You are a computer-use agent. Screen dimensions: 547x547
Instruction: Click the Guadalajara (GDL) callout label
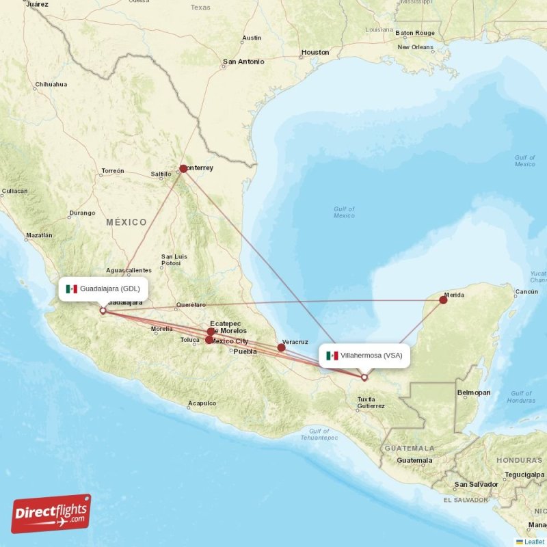[103, 289]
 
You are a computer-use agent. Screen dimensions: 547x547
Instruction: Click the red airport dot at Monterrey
[183, 168]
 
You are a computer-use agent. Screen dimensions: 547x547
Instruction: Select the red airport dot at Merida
[443, 300]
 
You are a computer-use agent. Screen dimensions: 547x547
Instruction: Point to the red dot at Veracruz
[281, 347]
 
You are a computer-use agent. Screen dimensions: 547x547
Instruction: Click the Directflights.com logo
[51, 513]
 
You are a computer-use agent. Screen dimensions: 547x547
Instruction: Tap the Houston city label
[315, 52]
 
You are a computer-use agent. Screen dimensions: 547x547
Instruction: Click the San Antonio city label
[243, 62]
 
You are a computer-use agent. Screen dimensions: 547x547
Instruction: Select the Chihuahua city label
[51, 85]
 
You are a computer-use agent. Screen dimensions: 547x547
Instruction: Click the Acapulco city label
[202, 403]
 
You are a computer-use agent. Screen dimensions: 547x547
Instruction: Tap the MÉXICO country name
[126, 222]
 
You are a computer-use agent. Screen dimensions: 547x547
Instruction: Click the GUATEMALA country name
[409, 449]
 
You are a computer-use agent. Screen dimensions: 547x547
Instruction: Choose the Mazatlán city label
[38, 235]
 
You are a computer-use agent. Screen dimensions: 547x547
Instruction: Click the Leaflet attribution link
[534, 542]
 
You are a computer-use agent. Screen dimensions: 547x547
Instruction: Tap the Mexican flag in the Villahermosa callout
[332, 356]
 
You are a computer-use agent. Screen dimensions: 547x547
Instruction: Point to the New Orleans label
[416, 47]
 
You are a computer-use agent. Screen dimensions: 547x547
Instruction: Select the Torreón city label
[112, 171]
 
